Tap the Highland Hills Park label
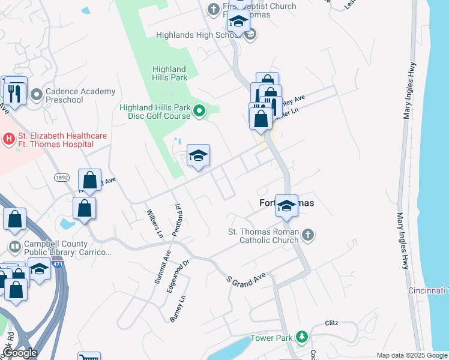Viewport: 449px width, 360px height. click(x=169, y=73)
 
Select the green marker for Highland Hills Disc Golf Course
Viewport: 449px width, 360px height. click(x=200, y=110)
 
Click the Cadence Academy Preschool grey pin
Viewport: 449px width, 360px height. click(x=36, y=95)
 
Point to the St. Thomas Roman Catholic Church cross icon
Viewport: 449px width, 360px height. click(x=307, y=235)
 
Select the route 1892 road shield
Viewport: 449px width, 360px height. click(x=61, y=178)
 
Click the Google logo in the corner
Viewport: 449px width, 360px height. click(x=19, y=352)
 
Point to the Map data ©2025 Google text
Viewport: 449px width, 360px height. click(x=412, y=355)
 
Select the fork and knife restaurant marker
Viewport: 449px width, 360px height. click(x=13, y=93)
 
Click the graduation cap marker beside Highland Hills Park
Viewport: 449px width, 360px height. click(x=198, y=156)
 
